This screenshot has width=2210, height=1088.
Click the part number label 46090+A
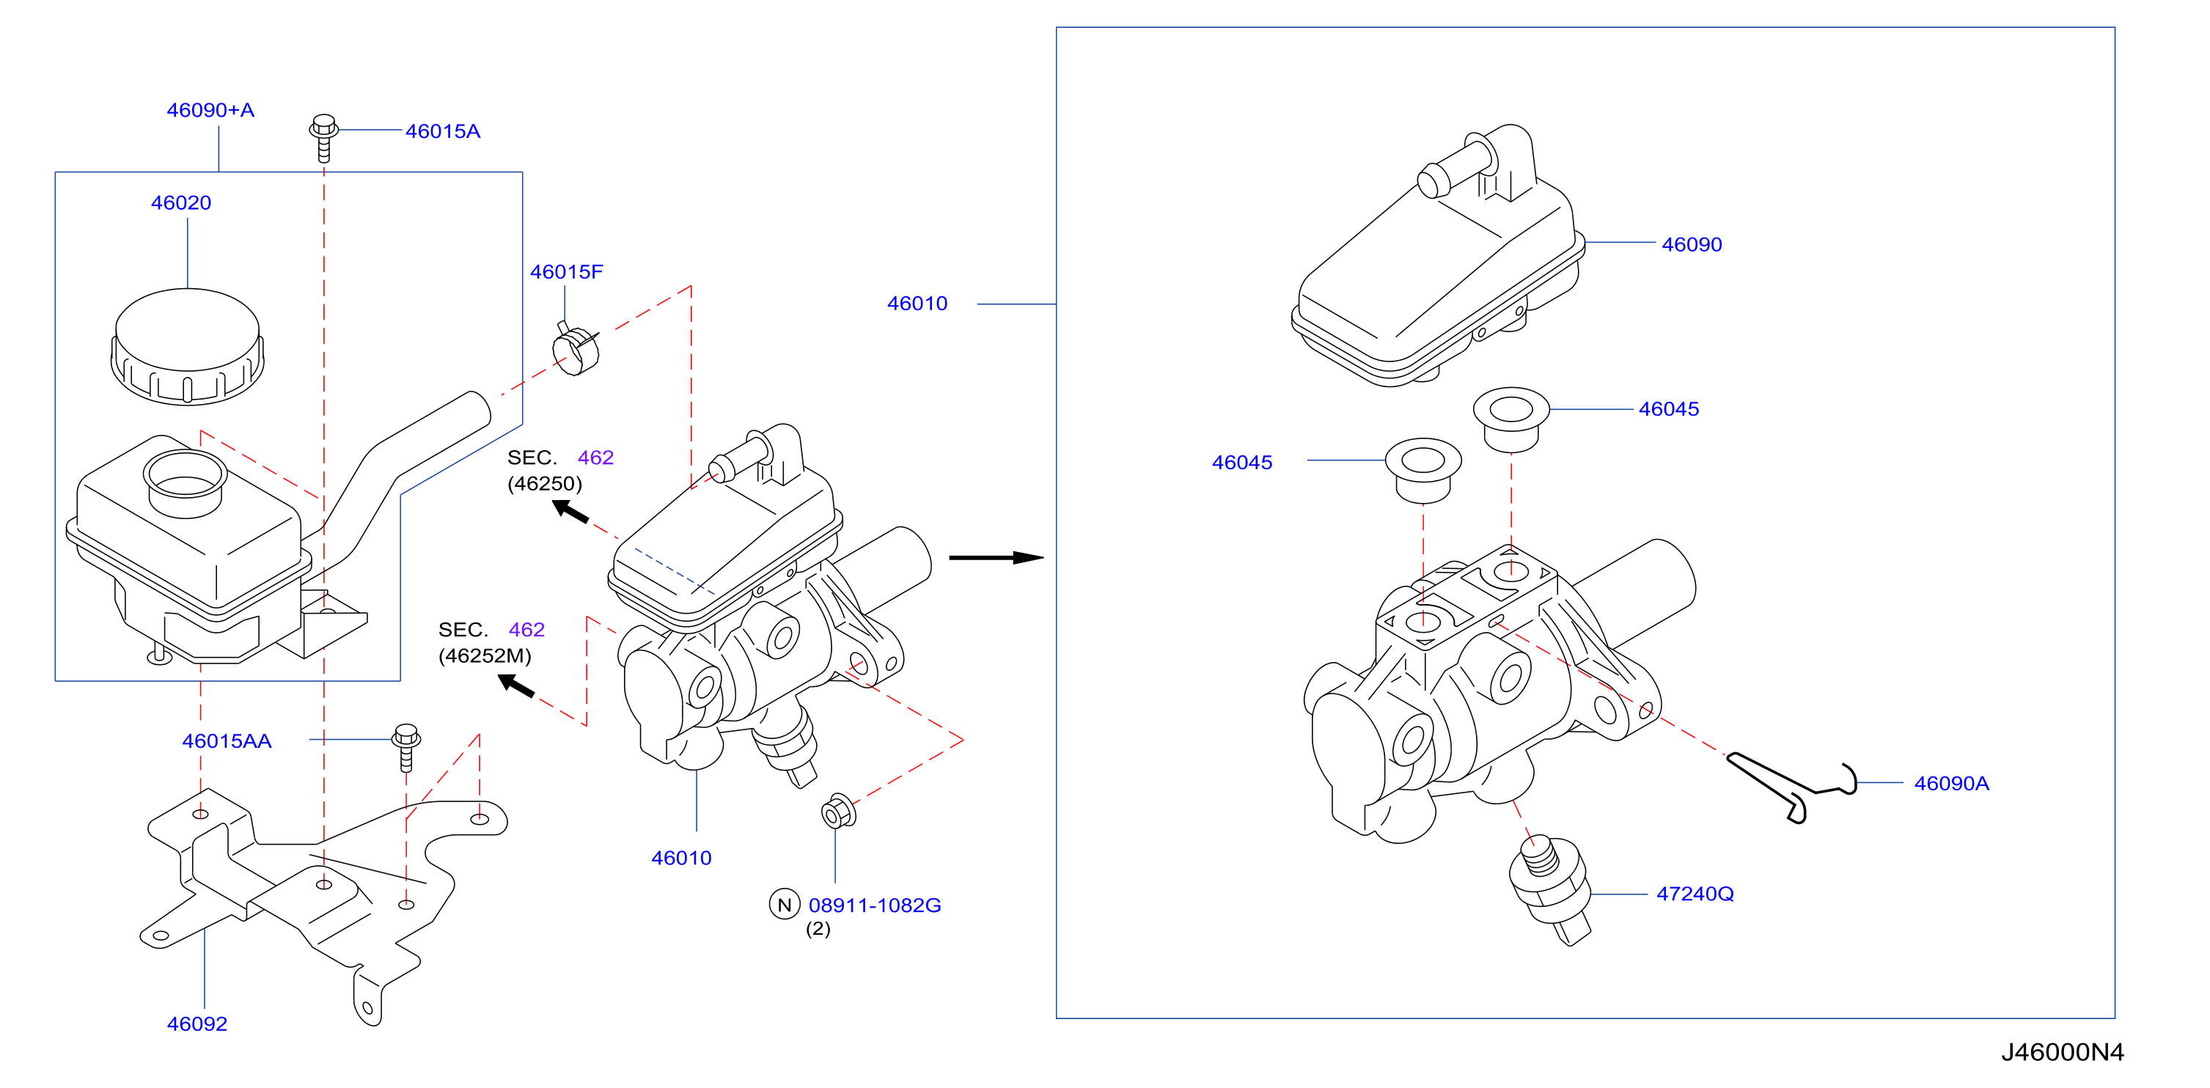click(210, 111)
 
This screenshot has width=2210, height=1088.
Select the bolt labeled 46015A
click(323, 137)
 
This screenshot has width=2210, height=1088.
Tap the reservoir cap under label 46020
click(187, 346)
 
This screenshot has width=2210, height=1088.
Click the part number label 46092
click(197, 1023)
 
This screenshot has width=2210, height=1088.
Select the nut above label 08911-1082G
click(838, 811)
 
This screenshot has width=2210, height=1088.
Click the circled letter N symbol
click(784, 905)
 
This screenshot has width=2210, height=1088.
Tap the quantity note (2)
click(818, 928)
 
